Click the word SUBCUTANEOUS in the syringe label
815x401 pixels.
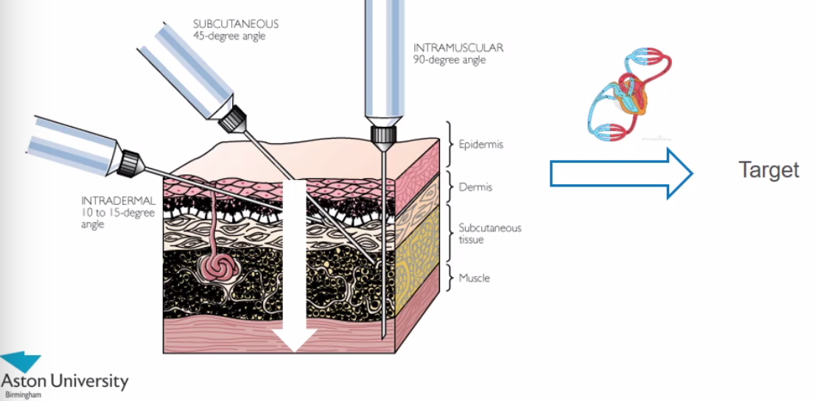pos(236,24)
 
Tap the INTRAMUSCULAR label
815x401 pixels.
pos(458,48)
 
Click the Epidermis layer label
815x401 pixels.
pos(480,144)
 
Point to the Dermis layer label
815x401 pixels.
pos(475,187)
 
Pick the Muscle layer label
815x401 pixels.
pos(474,278)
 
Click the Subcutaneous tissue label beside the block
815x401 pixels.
pos(489,234)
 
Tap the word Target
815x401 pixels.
pos(769,170)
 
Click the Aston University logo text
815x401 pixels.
pos(65,382)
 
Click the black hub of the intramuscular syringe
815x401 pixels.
pos(384,133)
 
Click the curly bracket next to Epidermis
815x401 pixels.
pos(449,144)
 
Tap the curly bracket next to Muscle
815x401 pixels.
pos(449,278)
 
